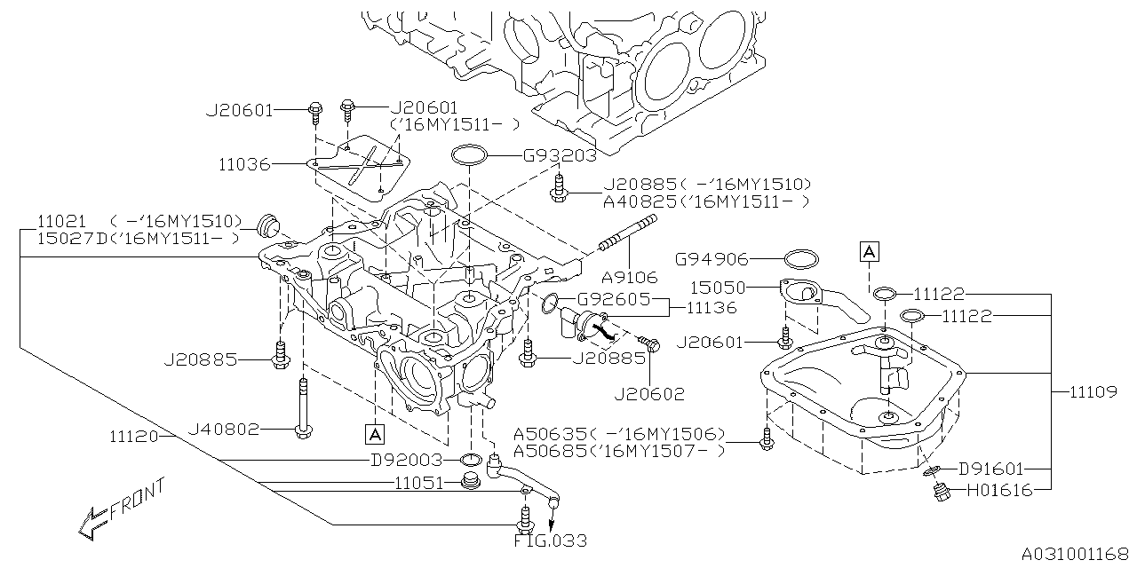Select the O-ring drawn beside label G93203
click(470, 156)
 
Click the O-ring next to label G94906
click(801, 260)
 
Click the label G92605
click(614, 299)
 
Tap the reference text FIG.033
click(551, 540)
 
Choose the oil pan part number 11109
click(1092, 390)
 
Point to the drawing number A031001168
click(1074, 555)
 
